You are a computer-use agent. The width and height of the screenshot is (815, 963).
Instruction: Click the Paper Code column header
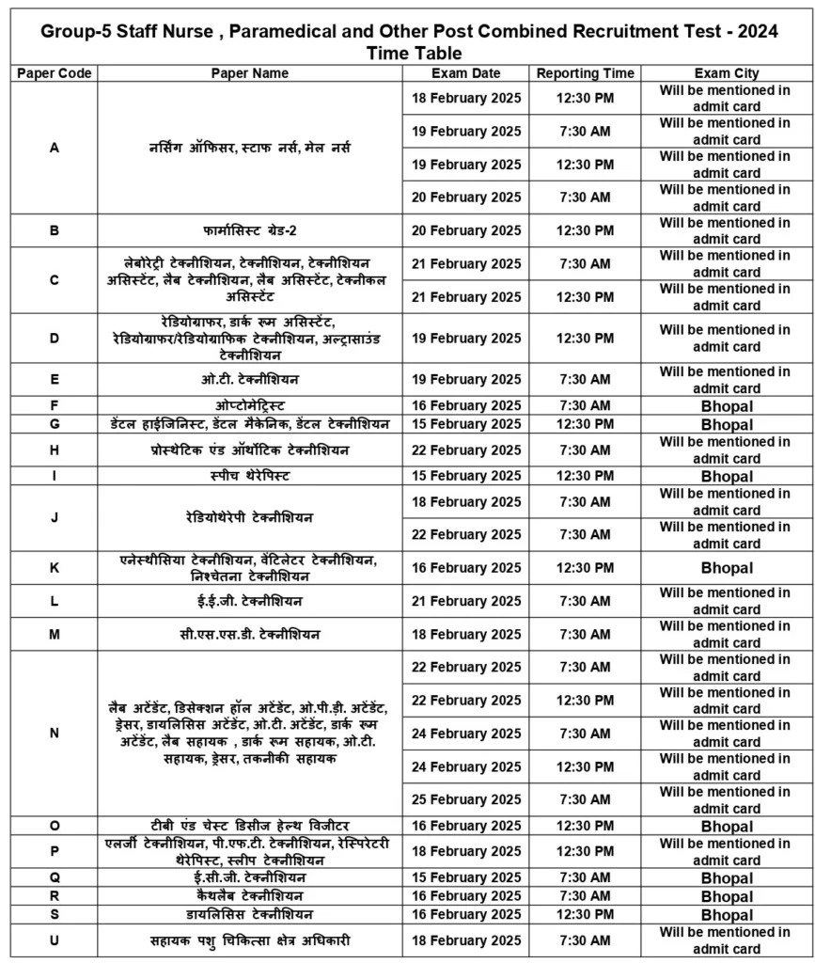coord(54,73)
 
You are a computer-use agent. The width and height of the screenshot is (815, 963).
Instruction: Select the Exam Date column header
coord(466,73)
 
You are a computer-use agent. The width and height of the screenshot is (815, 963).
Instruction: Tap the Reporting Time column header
coord(585,73)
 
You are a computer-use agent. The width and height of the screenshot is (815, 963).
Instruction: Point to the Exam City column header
coord(726,73)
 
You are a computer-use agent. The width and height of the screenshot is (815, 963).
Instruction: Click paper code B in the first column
coord(54,230)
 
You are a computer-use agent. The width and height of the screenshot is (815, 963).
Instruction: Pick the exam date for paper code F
coord(466,405)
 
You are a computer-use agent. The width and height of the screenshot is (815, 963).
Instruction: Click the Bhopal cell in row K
coord(726,568)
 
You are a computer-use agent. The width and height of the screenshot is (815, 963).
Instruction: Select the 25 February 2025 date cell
coord(466,799)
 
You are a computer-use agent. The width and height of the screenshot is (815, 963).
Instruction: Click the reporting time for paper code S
coord(585,914)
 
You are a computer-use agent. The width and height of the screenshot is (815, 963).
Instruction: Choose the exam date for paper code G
coord(466,424)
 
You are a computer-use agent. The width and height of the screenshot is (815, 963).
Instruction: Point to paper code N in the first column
coord(54,734)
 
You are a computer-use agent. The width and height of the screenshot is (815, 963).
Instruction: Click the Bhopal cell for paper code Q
coord(726,878)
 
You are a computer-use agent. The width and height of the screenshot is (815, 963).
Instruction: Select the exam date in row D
coord(466,339)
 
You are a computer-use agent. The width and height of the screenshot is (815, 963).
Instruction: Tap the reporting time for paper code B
coord(585,230)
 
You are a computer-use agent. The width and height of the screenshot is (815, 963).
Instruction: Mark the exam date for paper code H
coord(466,450)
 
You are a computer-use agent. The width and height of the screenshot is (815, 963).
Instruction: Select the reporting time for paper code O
coord(585,826)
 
